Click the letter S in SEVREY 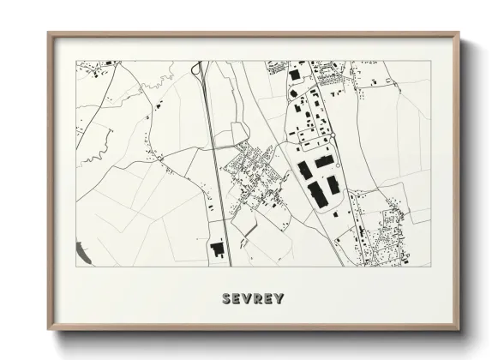pyautogui.click(x=226, y=299)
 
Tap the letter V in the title pyautogui.click(x=247, y=299)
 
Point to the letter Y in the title pyautogui.click(x=279, y=299)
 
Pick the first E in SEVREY pyautogui.click(x=237, y=299)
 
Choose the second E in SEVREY pyautogui.click(x=268, y=299)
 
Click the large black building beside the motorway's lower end pyautogui.click(x=217, y=249)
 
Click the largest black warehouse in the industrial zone pyautogui.click(x=318, y=195)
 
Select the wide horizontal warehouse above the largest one pyautogui.click(x=323, y=160)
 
